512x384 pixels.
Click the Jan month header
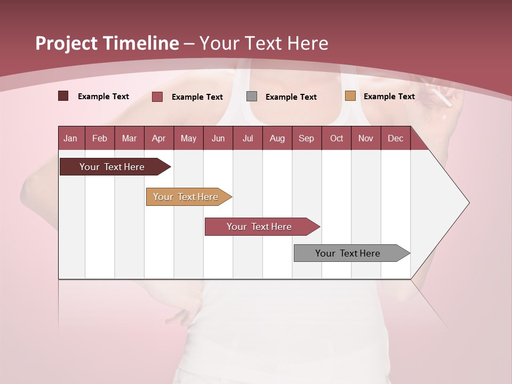[x=70, y=138]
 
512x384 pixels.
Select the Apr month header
[x=158, y=138]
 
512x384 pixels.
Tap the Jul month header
[x=247, y=138]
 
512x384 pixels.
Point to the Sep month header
[x=306, y=138]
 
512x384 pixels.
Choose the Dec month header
[x=395, y=138]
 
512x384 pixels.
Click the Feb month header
[x=100, y=138]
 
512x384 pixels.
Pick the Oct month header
[x=337, y=138]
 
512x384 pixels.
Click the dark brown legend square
[x=63, y=96]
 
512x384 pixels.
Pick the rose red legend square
[x=157, y=97]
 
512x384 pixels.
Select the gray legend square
[x=252, y=96]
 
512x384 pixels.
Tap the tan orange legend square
[x=350, y=96]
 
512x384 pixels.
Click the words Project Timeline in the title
[x=107, y=43]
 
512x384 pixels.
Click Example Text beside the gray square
[x=291, y=97]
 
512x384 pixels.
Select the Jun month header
[x=218, y=138]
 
